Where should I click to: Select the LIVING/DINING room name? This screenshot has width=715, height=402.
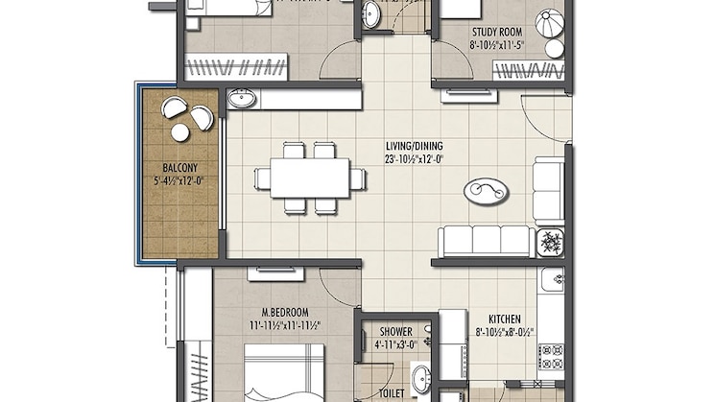[x=414, y=147]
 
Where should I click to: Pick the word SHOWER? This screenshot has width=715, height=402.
[x=395, y=332]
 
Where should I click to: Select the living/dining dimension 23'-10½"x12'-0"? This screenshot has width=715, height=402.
[x=414, y=160]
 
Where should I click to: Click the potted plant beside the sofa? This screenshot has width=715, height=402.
[x=551, y=241]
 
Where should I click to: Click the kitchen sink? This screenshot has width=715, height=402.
[x=551, y=280]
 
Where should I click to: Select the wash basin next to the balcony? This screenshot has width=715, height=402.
[x=241, y=98]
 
